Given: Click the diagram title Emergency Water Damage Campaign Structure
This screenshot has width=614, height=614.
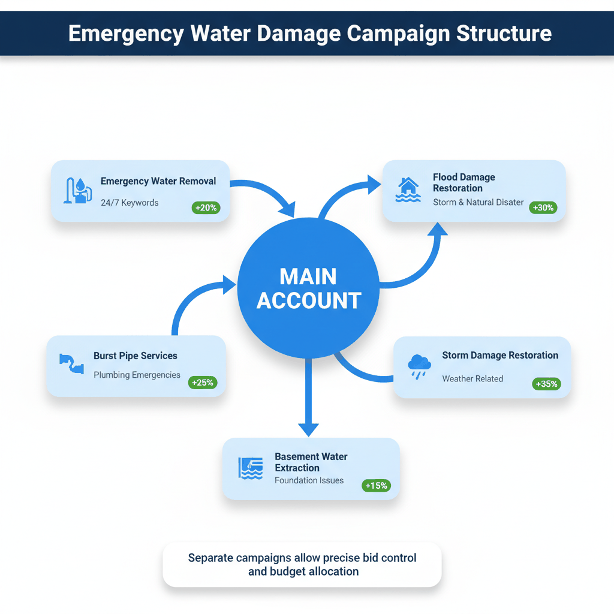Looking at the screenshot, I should coord(309,33).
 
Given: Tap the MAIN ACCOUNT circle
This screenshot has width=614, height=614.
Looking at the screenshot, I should coord(309,288).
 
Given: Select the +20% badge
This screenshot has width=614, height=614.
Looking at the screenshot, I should coord(206,208).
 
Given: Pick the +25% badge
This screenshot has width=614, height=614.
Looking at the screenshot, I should coord(203,382).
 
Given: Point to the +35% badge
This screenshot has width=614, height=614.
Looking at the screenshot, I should coord(546,384).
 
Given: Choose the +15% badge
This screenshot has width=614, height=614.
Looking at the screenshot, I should coord(376,486).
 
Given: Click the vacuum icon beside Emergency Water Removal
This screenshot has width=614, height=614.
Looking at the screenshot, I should coord(78,191).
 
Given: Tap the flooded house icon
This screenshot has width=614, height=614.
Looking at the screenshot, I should coord(408,189).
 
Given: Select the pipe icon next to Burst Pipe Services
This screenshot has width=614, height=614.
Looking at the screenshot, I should coord(71,363).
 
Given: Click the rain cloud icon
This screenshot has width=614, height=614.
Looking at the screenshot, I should coord(419,366).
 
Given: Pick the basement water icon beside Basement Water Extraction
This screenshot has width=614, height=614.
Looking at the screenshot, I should coord(251,468).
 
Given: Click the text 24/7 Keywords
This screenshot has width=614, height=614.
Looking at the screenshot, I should coord(130,203).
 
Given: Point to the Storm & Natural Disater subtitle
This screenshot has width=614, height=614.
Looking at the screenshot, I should coord(478,202).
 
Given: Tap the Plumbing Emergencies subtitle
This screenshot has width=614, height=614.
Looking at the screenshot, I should coord(137,375).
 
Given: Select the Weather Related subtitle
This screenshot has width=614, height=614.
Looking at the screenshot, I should coord(472,378).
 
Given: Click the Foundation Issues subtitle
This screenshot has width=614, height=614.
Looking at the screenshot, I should coord(309,480).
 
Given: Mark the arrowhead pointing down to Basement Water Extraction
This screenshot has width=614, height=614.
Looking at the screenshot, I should coord(308,429).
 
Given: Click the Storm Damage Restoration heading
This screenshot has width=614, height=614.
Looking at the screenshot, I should coord(500,355).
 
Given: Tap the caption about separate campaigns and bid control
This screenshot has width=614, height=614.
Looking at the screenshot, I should coord(303,565).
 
